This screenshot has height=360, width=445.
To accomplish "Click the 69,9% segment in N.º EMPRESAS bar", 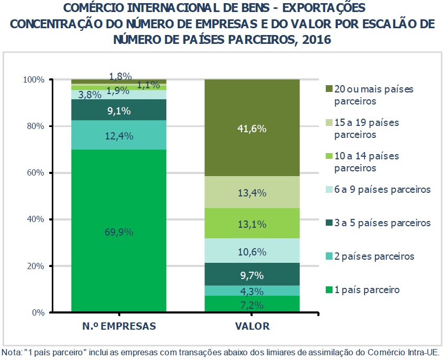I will click(118, 230).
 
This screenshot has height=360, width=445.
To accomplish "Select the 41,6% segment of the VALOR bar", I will click(252, 127).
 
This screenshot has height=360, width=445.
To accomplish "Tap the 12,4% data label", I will click(118, 136).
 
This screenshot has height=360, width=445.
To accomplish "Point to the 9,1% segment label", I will click(118, 111).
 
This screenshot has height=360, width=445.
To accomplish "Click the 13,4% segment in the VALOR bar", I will click(252, 193).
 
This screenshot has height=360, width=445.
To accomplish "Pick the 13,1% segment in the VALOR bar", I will click(252, 224).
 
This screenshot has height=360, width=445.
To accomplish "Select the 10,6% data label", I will click(252, 252).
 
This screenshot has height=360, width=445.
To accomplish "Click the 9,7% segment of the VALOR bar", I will click(252, 275).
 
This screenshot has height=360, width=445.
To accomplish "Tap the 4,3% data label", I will click(252, 292).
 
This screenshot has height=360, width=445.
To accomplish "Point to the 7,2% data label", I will click(252, 305).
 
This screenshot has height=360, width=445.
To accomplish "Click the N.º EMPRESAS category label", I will click(118, 327).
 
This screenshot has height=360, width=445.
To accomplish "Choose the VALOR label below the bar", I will click(252, 327).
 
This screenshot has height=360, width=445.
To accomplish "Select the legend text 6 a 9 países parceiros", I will click(382, 190).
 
